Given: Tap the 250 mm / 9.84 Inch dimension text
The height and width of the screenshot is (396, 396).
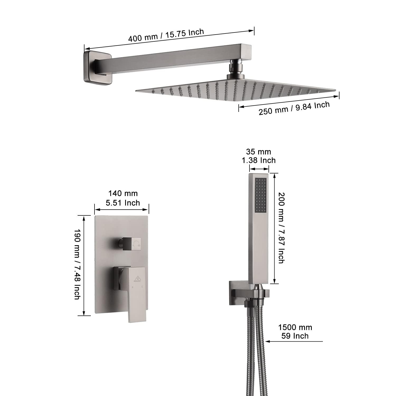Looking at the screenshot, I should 294,108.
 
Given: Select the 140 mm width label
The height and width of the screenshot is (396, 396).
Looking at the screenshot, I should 123,194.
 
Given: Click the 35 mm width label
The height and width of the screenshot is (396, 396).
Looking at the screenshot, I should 258,152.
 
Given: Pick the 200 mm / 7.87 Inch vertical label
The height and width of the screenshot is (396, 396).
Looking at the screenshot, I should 282,228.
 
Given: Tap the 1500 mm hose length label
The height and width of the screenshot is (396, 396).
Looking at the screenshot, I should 295,327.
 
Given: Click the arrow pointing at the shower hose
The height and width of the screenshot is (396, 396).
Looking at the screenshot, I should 293,341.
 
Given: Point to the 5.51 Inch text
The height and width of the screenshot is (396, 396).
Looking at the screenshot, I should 123,203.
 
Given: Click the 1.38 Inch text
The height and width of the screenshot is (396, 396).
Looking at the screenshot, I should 258,161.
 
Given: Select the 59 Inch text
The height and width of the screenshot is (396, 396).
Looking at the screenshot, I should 295,336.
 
